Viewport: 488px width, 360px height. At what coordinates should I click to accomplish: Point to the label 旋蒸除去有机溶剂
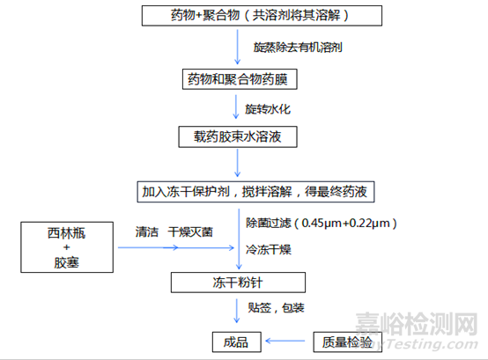(298, 48)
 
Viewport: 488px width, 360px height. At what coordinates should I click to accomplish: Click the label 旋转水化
(268, 109)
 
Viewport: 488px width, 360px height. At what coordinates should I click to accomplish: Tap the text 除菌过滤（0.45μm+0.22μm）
(322, 224)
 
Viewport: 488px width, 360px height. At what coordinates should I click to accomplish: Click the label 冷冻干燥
(269, 250)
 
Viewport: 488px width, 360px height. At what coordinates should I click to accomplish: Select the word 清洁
(147, 231)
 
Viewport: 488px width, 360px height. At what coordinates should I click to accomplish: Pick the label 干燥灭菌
(190, 231)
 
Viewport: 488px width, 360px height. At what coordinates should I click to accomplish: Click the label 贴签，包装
(276, 308)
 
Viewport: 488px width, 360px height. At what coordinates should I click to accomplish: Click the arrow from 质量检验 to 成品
(285, 341)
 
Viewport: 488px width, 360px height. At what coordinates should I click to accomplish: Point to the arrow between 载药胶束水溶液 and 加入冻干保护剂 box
(238, 163)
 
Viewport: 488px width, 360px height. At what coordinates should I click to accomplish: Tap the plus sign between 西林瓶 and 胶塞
(67, 247)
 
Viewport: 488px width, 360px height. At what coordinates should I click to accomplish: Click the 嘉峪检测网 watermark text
(417, 324)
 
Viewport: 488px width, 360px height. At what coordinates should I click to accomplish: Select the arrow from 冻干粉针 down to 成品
(237, 311)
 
